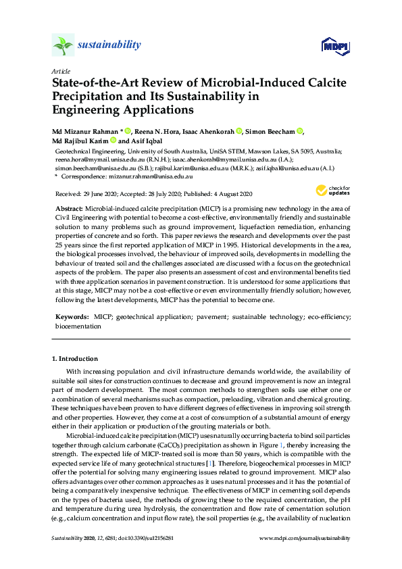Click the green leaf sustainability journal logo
pos(62,46)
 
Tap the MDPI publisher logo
pos(329,46)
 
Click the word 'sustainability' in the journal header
pos(109,45)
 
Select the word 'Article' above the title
pos(59,71)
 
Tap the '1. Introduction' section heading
pos(75,359)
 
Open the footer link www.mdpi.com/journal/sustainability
pos(305,538)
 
